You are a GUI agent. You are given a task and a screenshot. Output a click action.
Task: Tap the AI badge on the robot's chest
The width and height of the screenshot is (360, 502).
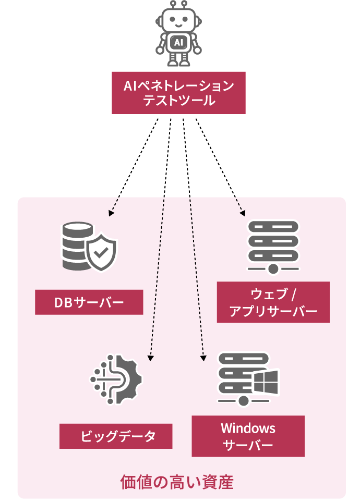click(178, 42)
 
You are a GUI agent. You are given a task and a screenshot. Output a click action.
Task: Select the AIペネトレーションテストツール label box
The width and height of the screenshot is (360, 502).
click(178, 93)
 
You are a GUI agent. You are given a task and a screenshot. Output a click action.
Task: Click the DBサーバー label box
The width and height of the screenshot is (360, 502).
click(89, 302)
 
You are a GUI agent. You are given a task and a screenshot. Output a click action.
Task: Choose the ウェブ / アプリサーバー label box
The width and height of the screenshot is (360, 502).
click(273, 302)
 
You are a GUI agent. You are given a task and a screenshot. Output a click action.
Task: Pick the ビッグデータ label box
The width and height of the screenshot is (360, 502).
click(116, 436)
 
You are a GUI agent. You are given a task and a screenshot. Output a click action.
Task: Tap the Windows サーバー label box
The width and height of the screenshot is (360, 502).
click(248, 436)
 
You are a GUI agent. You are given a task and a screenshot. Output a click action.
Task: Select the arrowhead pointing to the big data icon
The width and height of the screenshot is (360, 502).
click(150, 358)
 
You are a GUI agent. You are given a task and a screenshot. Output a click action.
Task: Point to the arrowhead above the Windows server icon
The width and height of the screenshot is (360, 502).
click(202, 358)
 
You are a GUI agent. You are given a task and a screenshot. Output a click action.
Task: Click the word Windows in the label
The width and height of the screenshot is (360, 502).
click(248, 428)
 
